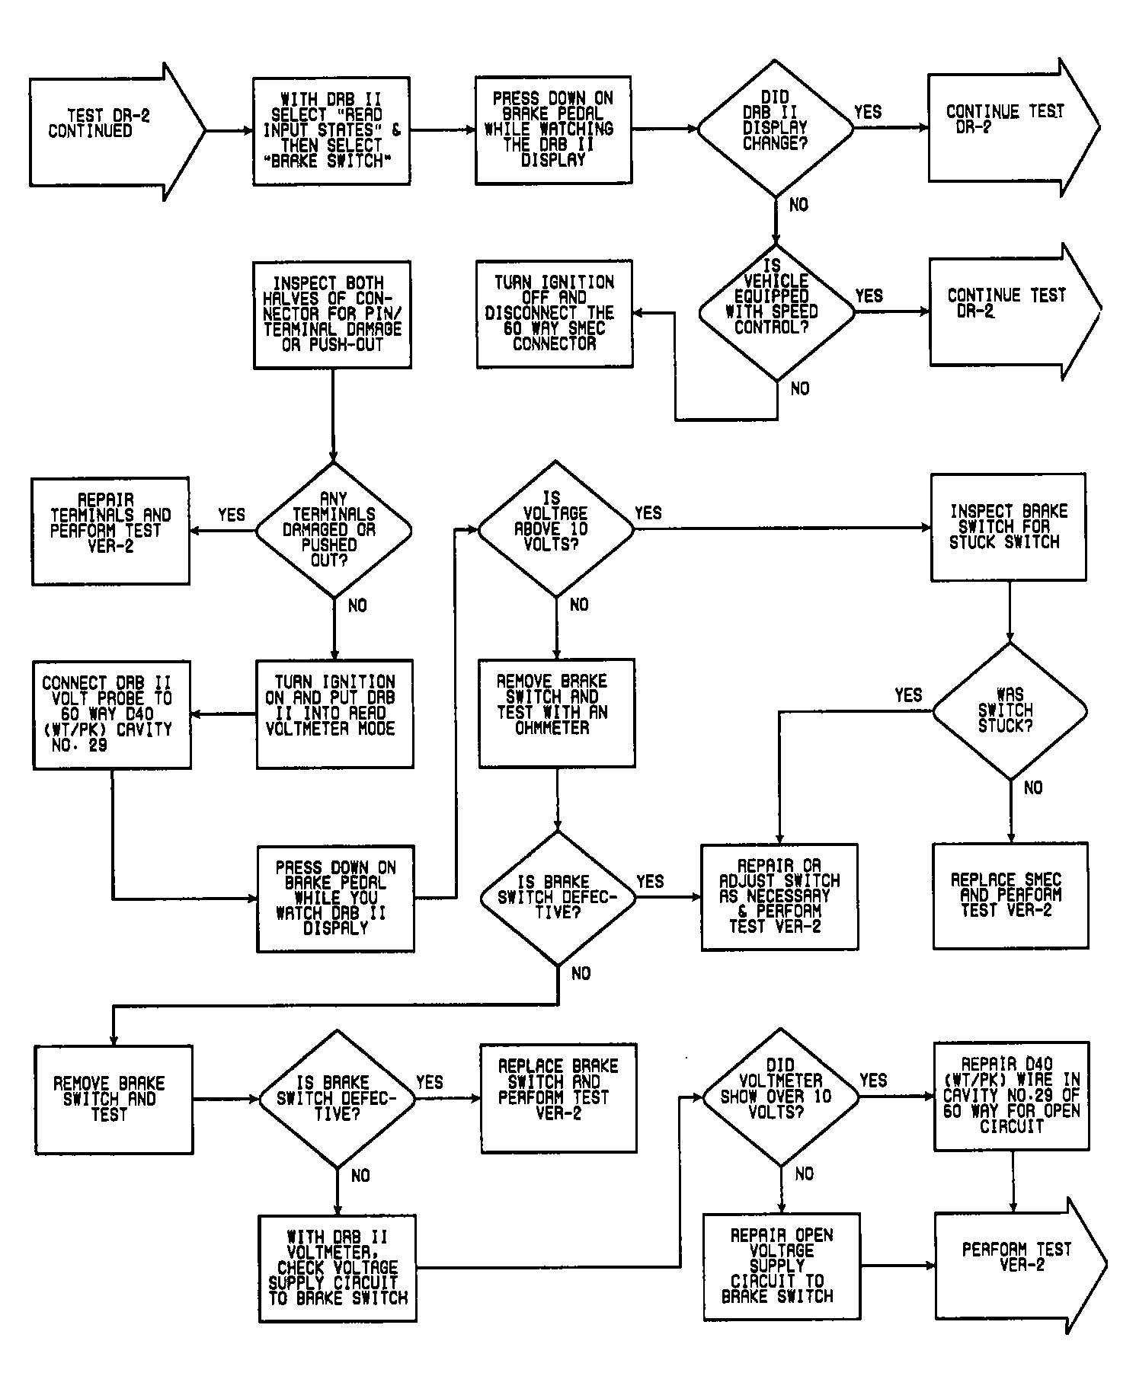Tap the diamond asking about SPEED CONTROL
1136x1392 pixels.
click(777, 311)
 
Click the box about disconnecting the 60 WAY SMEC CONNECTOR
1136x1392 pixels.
click(555, 314)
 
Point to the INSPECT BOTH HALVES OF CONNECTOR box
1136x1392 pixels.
click(332, 314)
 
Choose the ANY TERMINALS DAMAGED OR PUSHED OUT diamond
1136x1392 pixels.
click(334, 529)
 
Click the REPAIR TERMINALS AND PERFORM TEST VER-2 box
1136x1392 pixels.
click(110, 531)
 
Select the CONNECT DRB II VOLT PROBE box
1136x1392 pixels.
click(112, 715)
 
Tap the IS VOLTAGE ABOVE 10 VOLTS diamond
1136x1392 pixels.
click(555, 528)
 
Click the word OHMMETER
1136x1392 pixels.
click(552, 728)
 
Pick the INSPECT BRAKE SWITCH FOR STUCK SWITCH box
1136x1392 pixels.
click(1009, 527)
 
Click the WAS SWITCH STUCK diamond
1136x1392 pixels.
click(1010, 711)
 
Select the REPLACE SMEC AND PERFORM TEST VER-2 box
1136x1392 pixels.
click(1010, 896)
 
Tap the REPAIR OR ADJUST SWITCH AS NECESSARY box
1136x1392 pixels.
click(779, 897)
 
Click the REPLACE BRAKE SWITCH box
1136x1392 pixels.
click(558, 1097)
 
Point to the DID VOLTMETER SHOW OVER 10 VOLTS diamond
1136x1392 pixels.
click(780, 1097)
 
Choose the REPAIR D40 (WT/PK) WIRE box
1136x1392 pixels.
click(1012, 1096)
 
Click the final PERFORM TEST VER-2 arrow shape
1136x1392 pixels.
click(1019, 1266)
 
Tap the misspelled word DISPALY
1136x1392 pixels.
click(336, 929)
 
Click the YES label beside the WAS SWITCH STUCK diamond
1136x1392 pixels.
click(908, 695)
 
